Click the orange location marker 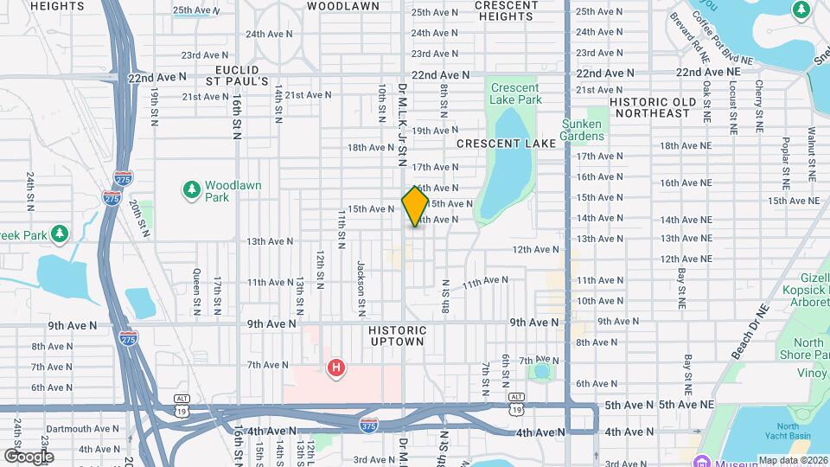click(x=415, y=207)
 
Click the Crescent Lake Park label click(x=516, y=93)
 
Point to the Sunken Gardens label click(x=582, y=130)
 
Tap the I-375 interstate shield click(x=369, y=424)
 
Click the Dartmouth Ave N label click(x=83, y=428)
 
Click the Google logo click(x=29, y=456)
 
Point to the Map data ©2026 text click(x=792, y=460)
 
